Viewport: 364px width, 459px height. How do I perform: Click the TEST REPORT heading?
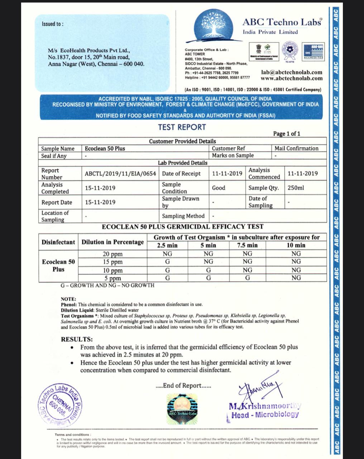pos(182,127)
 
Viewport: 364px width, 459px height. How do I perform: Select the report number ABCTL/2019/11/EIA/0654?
pos(120,174)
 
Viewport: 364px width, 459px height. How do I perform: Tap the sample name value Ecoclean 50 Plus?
pos(105,148)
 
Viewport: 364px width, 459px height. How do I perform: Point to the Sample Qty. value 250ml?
pos(296,188)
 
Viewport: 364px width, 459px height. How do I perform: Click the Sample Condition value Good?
pos(219,188)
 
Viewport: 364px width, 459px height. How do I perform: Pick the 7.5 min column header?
pos(247,245)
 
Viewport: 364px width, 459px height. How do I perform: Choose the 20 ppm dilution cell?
pos(112,254)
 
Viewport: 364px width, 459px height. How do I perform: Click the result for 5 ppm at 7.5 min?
pos(248,278)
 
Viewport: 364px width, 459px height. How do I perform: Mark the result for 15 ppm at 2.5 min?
pos(167,262)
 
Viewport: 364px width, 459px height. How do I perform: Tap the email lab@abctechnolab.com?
pos(292,72)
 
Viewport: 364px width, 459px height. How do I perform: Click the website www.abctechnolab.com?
pos(291,78)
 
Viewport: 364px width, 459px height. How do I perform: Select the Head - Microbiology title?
pos(265,415)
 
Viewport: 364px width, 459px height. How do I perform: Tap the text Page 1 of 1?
pos(287,134)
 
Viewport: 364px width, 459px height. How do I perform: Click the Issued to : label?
pos(53,24)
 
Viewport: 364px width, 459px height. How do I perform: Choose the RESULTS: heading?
pos(77,339)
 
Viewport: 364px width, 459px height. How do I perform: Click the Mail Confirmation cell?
pos(296,148)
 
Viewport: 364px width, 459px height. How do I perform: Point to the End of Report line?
pos(184,386)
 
